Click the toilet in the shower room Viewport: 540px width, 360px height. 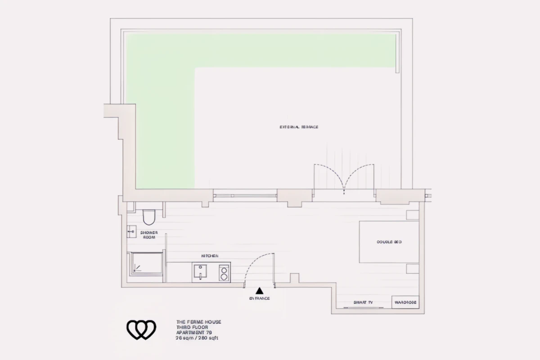tap(148, 217)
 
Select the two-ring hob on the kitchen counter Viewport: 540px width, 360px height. tap(224, 273)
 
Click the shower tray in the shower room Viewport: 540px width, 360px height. tap(146, 263)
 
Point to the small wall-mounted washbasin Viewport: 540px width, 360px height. tap(131, 232)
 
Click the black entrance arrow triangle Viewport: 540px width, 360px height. tap(259, 291)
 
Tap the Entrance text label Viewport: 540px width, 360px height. tap(259, 299)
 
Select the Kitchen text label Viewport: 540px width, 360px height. tap(210, 256)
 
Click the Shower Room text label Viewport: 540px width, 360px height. tap(148, 234)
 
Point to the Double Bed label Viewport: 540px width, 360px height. tap(389, 242)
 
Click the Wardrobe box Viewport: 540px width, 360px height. tap(405, 302)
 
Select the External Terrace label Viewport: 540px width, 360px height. tap(299, 127)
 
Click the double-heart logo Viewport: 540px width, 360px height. tap(141, 330)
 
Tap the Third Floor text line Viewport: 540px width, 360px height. tap(192, 327)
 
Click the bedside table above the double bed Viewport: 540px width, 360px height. tap(413, 215)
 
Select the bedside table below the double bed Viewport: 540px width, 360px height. tap(413, 269)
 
